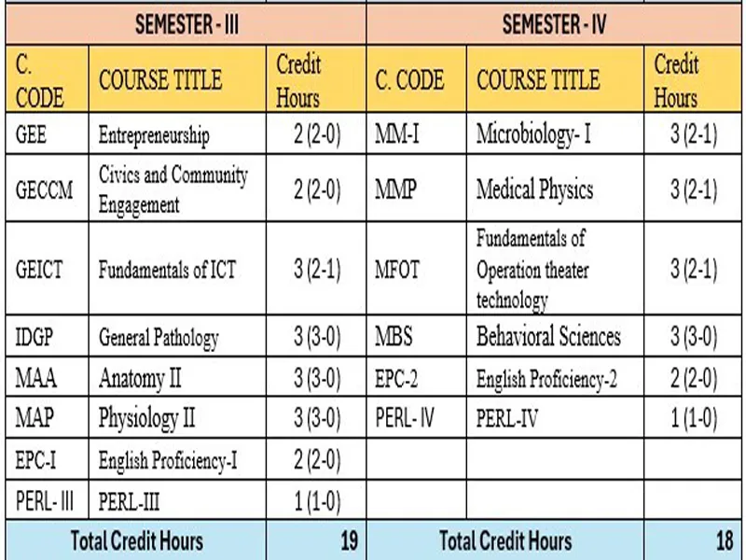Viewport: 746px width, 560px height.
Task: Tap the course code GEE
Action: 32,135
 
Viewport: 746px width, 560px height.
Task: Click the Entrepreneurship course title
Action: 154,135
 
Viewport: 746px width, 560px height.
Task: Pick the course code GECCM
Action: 44,189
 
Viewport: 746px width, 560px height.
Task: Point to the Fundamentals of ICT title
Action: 167,271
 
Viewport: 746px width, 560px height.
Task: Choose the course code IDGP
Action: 37,337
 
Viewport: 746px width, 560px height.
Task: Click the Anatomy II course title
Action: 140,378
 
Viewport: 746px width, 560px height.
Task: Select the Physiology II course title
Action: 146,418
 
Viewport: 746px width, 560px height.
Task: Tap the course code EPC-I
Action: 38,459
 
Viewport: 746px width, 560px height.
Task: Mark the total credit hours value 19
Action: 348,540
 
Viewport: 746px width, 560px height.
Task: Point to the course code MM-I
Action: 397,135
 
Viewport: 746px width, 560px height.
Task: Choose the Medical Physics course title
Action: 534,189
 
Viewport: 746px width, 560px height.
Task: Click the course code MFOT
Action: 398,271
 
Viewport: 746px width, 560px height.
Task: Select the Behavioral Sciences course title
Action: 548,337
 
